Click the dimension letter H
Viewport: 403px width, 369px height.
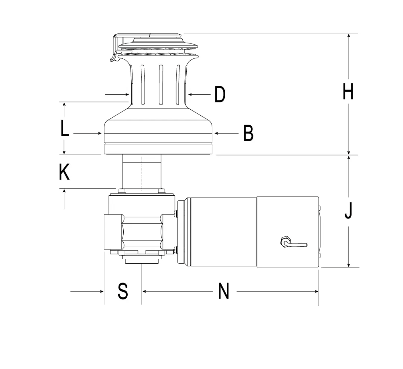[x=348, y=91]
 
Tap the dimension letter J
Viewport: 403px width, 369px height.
[x=348, y=211]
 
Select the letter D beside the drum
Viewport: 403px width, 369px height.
[x=220, y=94]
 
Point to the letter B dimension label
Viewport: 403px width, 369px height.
[x=248, y=133]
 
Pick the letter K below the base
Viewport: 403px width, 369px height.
[x=64, y=172]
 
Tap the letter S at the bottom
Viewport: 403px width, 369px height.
[x=123, y=291]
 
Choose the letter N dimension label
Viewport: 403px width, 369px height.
[x=224, y=291]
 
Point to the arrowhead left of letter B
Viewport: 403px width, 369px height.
[x=216, y=133]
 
